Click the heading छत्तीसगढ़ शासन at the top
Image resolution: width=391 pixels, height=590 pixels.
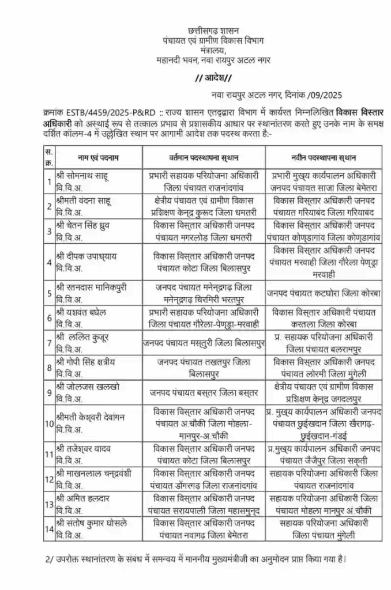213,30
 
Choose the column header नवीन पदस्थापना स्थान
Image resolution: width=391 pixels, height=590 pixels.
323,157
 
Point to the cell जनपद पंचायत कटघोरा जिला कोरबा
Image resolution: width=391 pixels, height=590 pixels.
323,292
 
